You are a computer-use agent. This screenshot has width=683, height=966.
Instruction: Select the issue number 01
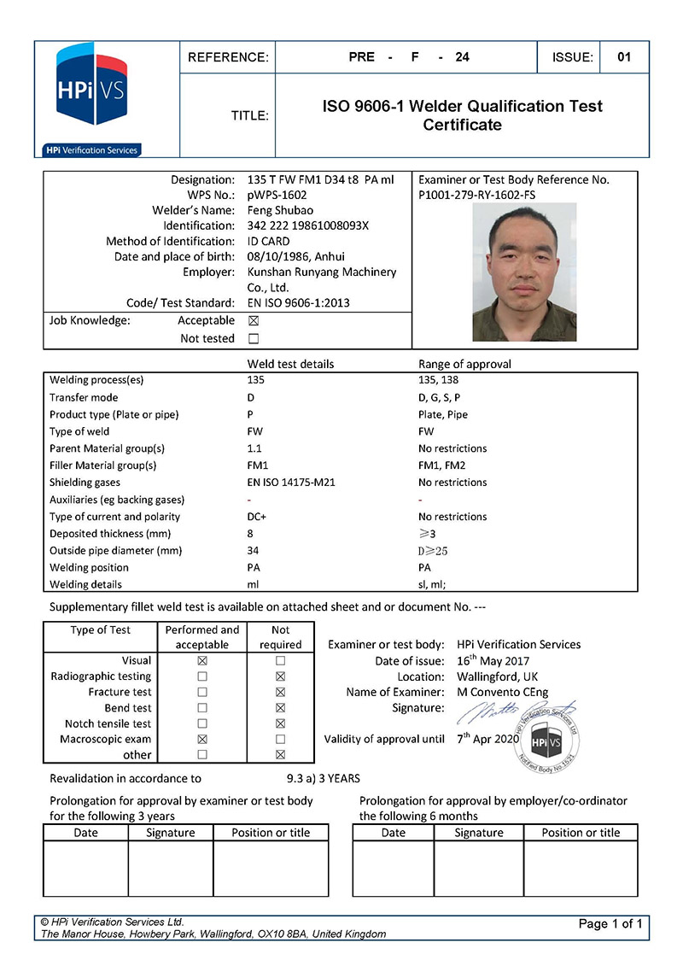pyautogui.click(x=624, y=57)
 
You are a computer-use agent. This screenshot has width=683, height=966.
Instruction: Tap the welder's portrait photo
pyautogui.click(x=524, y=272)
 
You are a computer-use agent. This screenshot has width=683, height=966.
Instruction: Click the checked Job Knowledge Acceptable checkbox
pyautogui.click(x=253, y=321)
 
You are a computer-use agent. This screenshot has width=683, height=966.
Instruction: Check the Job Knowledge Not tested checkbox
pyautogui.click(x=253, y=339)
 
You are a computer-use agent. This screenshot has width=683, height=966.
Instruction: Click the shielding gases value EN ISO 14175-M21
pyautogui.click(x=291, y=483)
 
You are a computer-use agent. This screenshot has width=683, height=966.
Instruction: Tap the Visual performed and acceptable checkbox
pyautogui.click(x=202, y=661)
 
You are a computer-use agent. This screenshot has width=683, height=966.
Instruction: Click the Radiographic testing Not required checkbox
pyautogui.click(x=280, y=676)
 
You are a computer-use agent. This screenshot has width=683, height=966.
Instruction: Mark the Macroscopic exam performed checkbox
pyautogui.click(x=202, y=739)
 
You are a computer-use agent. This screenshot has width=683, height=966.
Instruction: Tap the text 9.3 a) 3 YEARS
pyautogui.click(x=324, y=778)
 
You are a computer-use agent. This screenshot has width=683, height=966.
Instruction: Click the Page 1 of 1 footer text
pyautogui.click(x=610, y=923)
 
